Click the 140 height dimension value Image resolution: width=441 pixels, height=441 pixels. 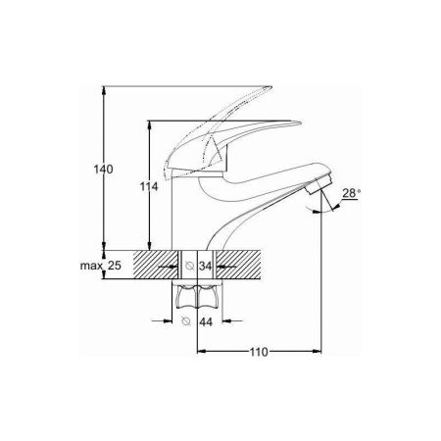click(x=103, y=170)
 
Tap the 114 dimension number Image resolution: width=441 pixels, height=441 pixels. click(x=149, y=186)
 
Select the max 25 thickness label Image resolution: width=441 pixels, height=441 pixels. click(x=101, y=266)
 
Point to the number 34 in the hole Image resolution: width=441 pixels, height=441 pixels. click(x=206, y=267)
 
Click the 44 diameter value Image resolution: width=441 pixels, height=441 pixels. click(x=206, y=322)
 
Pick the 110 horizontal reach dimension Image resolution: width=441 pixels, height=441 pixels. click(x=259, y=352)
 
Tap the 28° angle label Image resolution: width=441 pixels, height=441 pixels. click(x=351, y=193)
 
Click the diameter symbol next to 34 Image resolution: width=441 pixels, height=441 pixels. click(x=190, y=266)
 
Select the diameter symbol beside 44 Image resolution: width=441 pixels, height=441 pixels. click(x=186, y=321)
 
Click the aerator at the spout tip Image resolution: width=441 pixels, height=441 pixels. click(x=319, y=184)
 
